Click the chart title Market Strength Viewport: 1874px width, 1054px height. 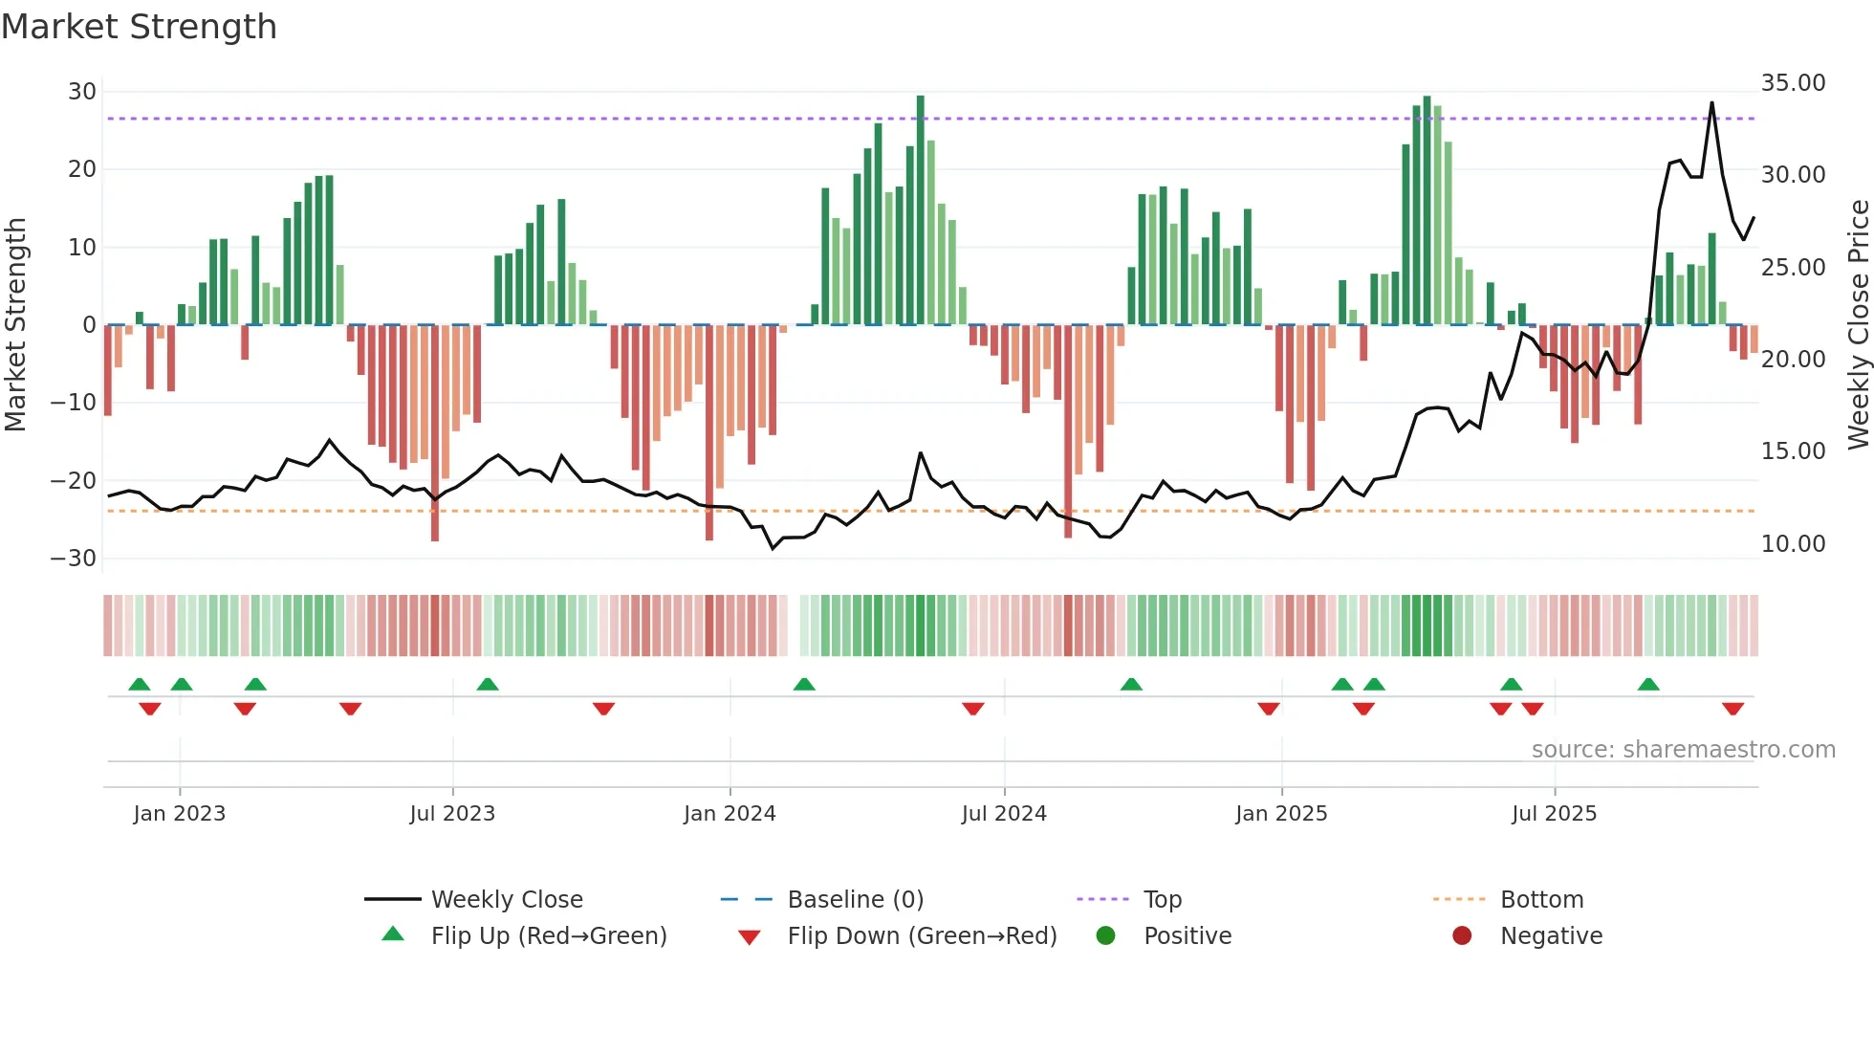139,27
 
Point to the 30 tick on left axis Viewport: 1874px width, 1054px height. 82,92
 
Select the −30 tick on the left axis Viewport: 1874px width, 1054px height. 74,559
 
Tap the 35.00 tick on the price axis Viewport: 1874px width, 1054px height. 1793,83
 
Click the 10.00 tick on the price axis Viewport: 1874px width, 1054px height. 1793,544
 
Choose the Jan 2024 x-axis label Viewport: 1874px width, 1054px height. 730,814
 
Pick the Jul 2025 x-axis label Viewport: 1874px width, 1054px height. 1554,814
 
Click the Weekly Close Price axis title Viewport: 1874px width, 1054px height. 1858,325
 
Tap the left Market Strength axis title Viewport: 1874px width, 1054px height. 16,325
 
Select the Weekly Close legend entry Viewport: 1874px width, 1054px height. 507,900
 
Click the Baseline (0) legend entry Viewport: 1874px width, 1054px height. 855,900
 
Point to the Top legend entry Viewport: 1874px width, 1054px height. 1162,900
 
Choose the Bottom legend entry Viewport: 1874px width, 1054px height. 1541,900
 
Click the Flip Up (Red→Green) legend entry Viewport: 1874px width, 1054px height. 548,936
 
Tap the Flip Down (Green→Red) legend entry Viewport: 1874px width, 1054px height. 922,936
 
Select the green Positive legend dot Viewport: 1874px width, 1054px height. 1106,936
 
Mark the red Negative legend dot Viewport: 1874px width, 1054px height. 1462,936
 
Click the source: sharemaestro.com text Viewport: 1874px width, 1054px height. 1683,750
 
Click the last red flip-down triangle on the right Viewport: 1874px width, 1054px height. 1732,709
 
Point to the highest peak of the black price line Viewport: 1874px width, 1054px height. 1711,103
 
